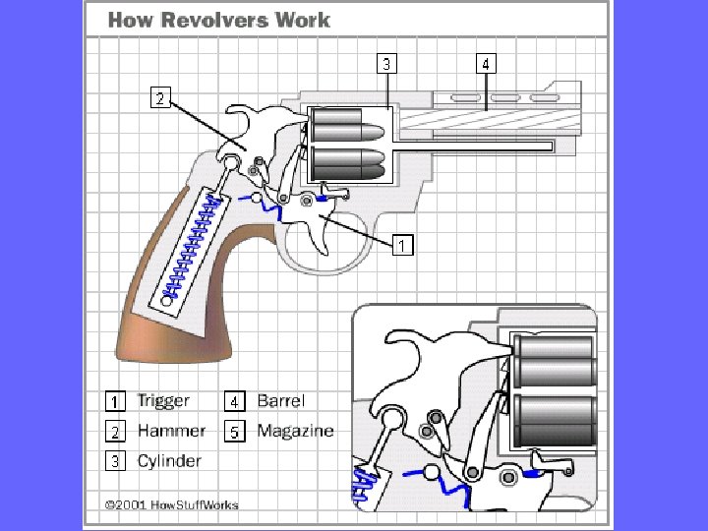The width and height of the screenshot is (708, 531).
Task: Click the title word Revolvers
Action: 217,19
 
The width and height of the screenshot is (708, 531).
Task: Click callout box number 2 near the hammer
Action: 159,96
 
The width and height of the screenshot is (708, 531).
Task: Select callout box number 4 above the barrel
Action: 487,64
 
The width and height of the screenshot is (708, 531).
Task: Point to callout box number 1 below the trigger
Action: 401,245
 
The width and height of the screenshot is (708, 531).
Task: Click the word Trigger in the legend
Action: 163,401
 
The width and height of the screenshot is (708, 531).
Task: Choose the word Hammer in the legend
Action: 171,431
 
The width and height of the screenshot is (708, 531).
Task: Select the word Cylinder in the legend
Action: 169,460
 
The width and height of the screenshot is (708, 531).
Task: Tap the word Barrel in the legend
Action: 280,401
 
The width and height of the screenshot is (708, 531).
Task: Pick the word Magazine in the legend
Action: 295,431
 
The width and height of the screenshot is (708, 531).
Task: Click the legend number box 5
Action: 234,432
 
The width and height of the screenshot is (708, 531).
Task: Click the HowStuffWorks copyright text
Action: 172,505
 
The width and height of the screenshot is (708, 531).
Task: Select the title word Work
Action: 306,19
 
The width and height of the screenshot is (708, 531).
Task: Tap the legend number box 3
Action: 115,461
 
